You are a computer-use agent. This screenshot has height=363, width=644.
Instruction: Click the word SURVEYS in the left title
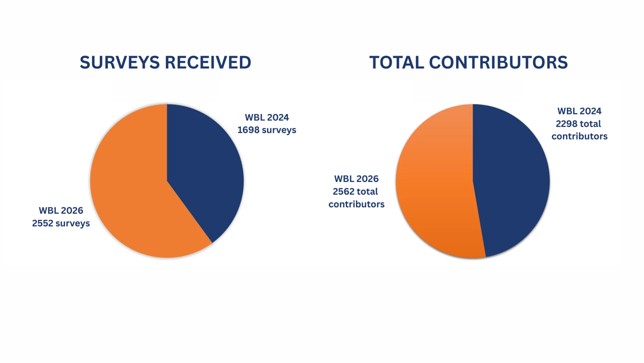click(119, 63)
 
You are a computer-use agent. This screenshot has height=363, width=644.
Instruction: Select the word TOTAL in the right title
click(396, 63)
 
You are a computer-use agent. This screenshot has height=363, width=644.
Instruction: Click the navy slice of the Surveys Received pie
click(203, 168)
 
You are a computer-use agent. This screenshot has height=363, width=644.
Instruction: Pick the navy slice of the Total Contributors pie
click(512, 181)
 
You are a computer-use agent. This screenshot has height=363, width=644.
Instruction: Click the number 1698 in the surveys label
click(248, 130)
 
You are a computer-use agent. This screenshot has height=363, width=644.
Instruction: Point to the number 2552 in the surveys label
click(43, 223)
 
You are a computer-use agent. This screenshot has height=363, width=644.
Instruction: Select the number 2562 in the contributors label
click(344, 191)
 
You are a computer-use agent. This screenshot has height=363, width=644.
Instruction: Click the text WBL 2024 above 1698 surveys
click(267, 117)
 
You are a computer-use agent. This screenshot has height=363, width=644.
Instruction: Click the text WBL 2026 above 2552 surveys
click(61, 211)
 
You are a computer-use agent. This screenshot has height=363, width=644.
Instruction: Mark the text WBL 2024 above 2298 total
click(579, 111)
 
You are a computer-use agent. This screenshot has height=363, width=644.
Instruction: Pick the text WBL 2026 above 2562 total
click(356, 179)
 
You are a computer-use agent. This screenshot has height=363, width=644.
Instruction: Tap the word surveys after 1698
click(279, 130)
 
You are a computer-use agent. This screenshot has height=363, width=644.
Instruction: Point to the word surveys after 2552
click(72, 223)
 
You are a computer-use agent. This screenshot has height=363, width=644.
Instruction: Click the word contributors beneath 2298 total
click(579, 136)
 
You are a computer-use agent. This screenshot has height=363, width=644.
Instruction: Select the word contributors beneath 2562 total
click(356, 204)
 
